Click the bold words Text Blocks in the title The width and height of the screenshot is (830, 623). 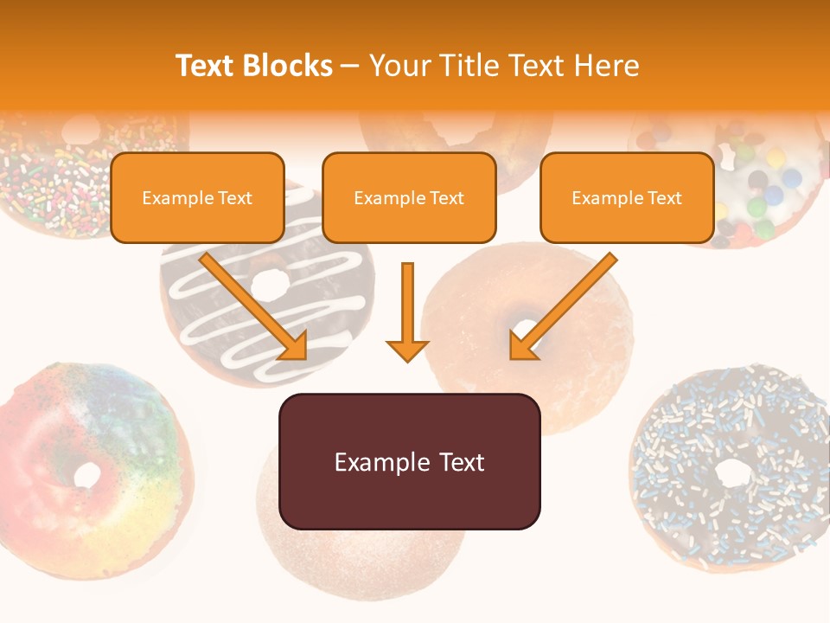click(x=254, y=66)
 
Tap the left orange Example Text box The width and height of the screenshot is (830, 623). click(x=197, y=198)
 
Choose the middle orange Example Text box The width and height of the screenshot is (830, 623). click(x=409, y=198)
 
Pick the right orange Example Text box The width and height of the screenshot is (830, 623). click(x=627, y=198)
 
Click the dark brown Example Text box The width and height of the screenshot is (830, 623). click(x=409, y=462)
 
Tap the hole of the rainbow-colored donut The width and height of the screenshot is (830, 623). click(x=86, y=473)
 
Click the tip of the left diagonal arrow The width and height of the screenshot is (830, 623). click(x=304, y=357)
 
